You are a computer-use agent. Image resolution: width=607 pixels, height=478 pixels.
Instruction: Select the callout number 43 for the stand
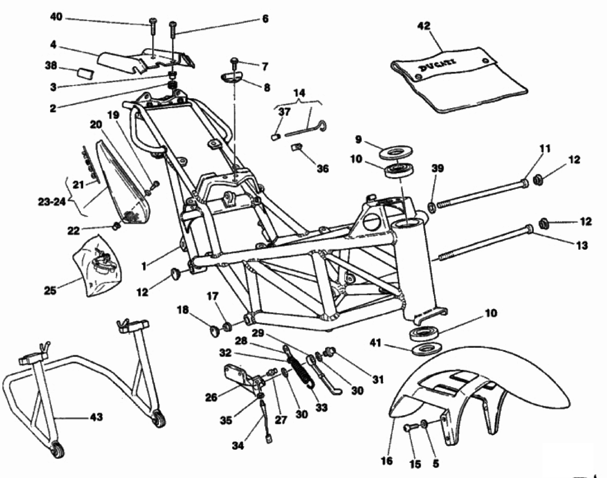[x=95, y=417]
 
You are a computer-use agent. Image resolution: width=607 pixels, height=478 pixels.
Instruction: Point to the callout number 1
[x=144, y=266]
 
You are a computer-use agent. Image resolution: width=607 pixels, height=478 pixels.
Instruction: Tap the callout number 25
[x=50, y=290]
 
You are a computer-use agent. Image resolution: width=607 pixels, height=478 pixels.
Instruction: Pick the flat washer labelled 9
[x=395, y=153]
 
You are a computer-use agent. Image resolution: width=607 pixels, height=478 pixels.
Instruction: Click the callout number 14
[x=299, y=93]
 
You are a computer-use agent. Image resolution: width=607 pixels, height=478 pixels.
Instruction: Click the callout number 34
[x=238, y=445]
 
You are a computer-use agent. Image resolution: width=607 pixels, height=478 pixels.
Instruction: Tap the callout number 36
[x=323, y=169]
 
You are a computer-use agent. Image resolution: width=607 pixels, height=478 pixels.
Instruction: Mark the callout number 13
[x=581, y=246]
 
